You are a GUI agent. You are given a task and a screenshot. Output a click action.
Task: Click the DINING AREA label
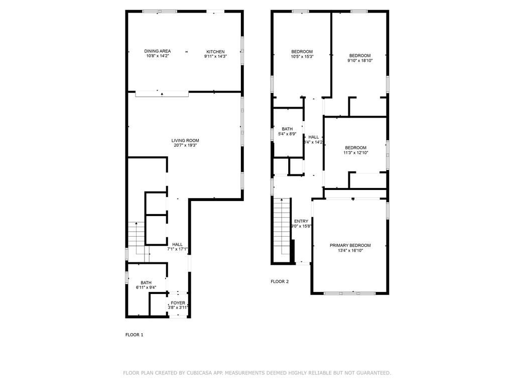(158, 51)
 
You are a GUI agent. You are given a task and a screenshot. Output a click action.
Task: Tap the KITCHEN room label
(215, 51)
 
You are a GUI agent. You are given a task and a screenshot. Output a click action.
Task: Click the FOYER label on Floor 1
(178, 303)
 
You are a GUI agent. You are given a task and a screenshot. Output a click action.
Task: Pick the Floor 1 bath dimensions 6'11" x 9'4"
(146, 288)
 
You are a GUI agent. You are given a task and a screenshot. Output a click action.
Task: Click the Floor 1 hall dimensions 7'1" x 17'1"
(177, 249)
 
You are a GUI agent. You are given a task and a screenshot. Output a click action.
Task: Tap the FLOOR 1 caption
(134, 335)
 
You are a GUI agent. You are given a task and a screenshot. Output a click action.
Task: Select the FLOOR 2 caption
(280, 282)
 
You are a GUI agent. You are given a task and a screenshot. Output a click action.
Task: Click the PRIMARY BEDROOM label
(350, 245)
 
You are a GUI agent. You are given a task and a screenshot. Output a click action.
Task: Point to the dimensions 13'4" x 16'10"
(350, 250)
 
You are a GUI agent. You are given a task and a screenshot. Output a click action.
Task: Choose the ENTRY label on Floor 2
(301, 221)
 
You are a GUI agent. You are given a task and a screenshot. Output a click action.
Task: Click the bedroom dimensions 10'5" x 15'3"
(302, 57)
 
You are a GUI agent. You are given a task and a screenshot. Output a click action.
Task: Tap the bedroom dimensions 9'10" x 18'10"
(360, 60)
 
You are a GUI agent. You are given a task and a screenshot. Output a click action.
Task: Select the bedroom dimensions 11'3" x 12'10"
(356, 153)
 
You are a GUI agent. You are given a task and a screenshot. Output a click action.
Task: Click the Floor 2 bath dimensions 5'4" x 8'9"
(287, 134)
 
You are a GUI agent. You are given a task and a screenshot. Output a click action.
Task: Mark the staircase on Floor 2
(282, 229)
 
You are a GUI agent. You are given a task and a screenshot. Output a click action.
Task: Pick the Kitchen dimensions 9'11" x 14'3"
(215, 57)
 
